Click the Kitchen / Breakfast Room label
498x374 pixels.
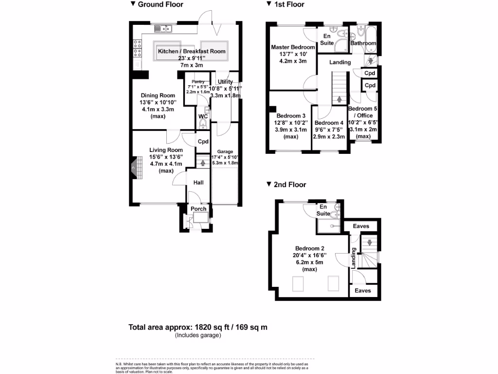click(192, 51)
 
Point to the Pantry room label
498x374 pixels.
click(197, 82)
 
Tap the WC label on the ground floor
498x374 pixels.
click(203, 116)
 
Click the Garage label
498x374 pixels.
click(225, 151)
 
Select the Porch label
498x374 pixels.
click(198, 209)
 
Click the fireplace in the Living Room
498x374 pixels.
click(133, 168)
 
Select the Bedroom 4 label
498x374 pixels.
click(329, 123)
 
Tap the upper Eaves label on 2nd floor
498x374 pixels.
click(361, 226)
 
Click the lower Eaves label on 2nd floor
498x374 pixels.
click(362, 291)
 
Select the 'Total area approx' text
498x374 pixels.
click(198, 327)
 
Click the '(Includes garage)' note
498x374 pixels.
click(198, 335)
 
